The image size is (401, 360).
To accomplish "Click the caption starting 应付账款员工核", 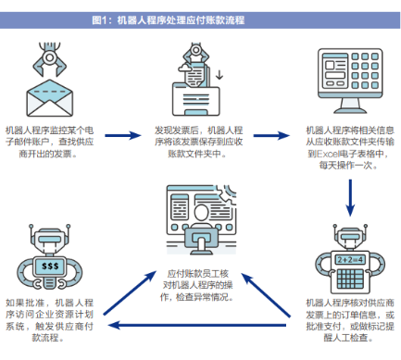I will (199, 285).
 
